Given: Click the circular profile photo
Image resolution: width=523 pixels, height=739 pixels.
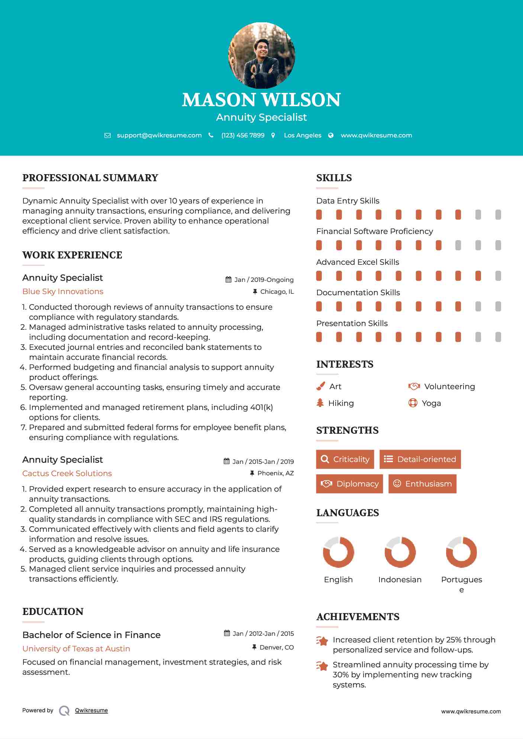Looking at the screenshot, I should tap(261, 56).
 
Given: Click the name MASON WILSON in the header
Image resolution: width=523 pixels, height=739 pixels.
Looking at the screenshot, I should tap(261, 100).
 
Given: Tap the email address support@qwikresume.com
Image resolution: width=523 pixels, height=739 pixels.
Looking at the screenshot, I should tap(159, 136).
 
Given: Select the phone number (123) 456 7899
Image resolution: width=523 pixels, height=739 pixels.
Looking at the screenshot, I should tap(243, 136).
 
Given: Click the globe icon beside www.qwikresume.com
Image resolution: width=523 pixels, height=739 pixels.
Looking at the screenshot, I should tap(331, 136).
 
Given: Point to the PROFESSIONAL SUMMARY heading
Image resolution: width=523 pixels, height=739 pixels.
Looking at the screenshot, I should tap(90, 178).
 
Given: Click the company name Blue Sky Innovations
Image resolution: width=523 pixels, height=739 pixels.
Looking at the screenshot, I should tap(63, 292).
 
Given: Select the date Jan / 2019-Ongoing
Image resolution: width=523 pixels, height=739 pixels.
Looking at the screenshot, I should tap(264, 280).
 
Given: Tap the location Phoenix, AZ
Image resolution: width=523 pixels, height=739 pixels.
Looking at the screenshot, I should tap(275, 473).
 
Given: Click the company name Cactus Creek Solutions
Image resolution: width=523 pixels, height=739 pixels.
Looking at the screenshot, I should tap(67, 473).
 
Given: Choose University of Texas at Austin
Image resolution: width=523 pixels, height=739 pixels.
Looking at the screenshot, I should tap(76, 649).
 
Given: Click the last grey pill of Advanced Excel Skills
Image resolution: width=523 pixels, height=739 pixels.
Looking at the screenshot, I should tap(498, 276).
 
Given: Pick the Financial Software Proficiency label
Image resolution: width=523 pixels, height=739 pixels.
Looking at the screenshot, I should tap(374, 231).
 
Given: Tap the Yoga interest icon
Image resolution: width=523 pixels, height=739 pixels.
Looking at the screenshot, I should tap(413, 403).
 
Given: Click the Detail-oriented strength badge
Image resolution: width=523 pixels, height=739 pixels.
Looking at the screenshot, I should tap(420, 459).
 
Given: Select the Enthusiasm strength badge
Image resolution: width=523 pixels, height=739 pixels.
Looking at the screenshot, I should tap(422, 484).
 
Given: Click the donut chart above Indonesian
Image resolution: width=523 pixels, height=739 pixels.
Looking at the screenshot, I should tap(400, 552).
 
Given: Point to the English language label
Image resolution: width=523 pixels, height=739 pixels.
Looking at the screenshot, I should tap(338, 580).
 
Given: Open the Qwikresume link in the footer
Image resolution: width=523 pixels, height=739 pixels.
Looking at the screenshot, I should tap(91, 710).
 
